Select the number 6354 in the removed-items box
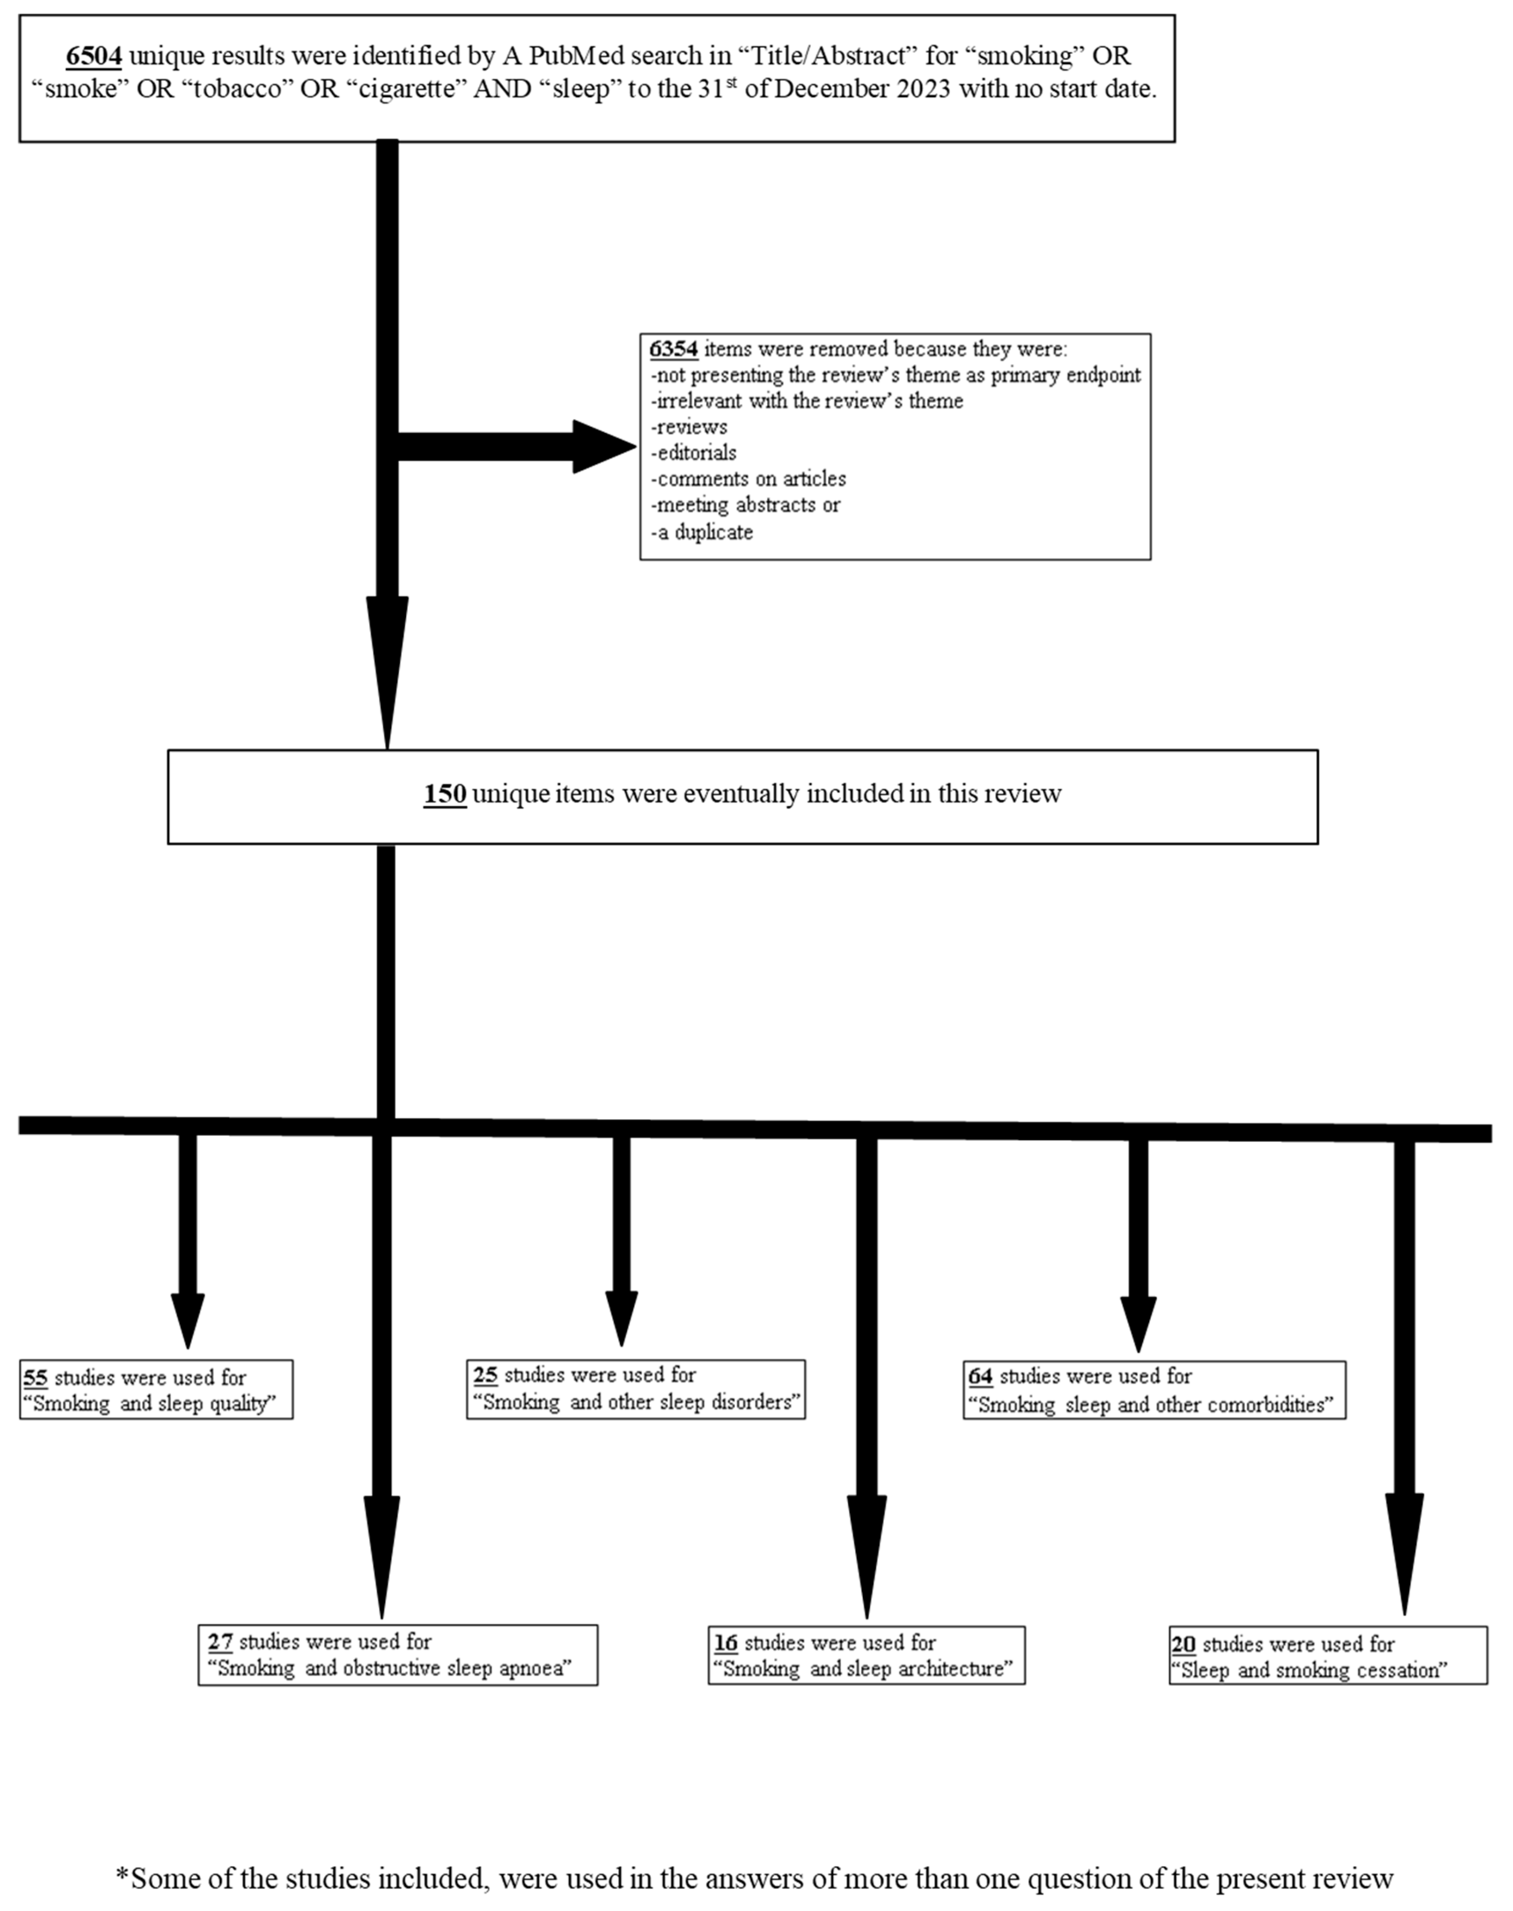pos(673,349)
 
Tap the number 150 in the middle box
pos(445,794)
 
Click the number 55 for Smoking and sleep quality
pos(36,1378)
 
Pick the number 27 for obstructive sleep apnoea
pos(220,1642)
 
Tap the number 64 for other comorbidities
pos(980,1376)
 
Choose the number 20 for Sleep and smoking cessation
pos(1183,1644)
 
